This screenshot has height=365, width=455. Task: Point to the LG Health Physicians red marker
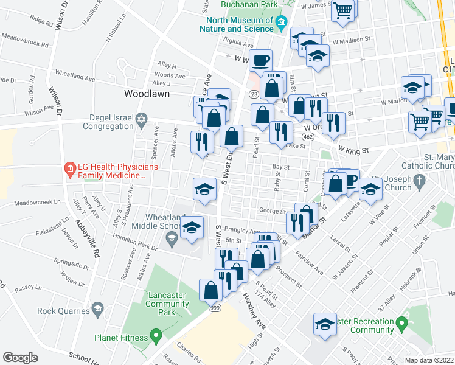(x=69, y=167)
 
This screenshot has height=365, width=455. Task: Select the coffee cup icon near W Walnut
(x=260, y=60)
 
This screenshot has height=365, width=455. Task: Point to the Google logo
(x=20, y=358)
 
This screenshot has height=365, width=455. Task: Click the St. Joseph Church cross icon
(x=418, y=180)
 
